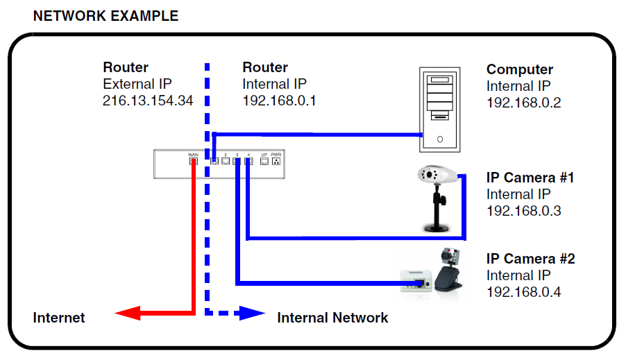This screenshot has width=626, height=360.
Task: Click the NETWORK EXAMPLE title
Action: tap(105, 15)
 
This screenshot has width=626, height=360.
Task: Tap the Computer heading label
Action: tap(520, 69)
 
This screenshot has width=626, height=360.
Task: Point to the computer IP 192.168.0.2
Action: tap(523, 103)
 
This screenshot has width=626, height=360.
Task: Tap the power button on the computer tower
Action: tap(440, 139)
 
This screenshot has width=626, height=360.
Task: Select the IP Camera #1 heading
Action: tap(530, 178)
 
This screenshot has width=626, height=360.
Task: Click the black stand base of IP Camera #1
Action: tap(438, 225)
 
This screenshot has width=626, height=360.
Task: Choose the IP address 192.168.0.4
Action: tap(523, 292)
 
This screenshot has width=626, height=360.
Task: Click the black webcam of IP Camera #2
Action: tap(448, 272)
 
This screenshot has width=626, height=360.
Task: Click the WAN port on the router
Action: tap(193, 162)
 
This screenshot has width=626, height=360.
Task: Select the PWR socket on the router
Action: tap(276, 162)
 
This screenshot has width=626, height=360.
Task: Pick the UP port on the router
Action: tap(264, 162)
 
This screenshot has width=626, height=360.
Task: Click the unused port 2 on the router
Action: tap(226, 162)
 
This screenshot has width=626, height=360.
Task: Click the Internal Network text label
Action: tap(332, 318)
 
